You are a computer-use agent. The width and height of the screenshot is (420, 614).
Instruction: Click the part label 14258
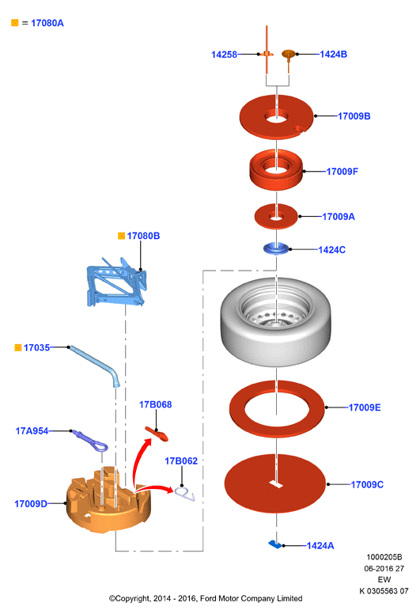click(x=224, y=55)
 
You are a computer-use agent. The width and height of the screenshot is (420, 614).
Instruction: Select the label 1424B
click(x=334, y=55)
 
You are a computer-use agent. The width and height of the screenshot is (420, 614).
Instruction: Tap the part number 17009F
click(x=342, y=172)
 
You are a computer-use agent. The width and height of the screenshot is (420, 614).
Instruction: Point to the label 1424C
click(x=332, y=250)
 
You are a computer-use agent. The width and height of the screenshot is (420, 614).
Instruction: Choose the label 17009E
click(x=365, y=407)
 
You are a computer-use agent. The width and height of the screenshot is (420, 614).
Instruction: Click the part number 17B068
click(x=155, y=404)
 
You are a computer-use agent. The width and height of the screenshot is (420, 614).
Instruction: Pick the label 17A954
click(x=32, y=431)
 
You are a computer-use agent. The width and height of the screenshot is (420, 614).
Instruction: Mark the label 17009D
click(x=31, y=504)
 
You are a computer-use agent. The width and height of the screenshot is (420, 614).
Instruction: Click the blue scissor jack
click(x=116, y=282)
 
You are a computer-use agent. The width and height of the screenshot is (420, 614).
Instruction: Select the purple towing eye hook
click(x=91, y=440)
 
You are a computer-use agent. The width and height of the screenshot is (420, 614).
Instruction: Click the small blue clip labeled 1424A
click(x=274, y=544)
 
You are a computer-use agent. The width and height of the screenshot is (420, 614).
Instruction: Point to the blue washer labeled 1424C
click(x=276, y=249)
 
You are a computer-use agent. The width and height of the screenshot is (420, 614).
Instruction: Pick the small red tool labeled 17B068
click(x=157, y=434)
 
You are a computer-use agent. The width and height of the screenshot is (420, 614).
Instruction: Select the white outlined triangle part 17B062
click(x=184, y=494)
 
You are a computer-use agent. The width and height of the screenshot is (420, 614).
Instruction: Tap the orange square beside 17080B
click(x=121, y=236)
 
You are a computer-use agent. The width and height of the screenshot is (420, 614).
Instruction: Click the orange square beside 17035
click(x=18, y=347)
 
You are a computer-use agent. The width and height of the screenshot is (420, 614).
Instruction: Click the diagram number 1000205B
click(x=384, y=557)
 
